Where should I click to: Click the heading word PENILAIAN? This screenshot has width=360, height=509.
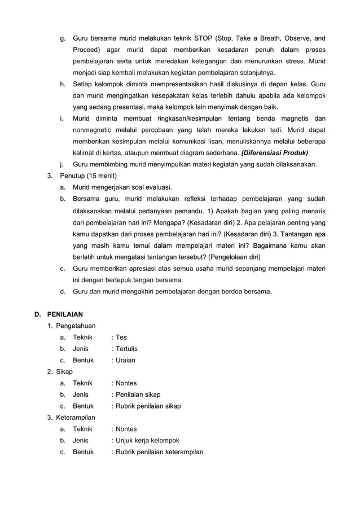[65, 314]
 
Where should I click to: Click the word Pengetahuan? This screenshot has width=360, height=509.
[75, 326]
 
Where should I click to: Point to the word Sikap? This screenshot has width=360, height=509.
[65, 372]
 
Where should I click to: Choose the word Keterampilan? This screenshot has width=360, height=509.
[76, 418]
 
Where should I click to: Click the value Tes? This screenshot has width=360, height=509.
[121, 337]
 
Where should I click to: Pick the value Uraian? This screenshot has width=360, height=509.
[125, 360]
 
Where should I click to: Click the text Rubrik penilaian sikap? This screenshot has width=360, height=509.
[148, 406]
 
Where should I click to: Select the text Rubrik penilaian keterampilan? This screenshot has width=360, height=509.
[159, 452]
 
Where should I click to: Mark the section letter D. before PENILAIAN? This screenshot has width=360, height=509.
[38, 314]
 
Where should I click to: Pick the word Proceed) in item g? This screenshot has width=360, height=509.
[87, 50]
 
